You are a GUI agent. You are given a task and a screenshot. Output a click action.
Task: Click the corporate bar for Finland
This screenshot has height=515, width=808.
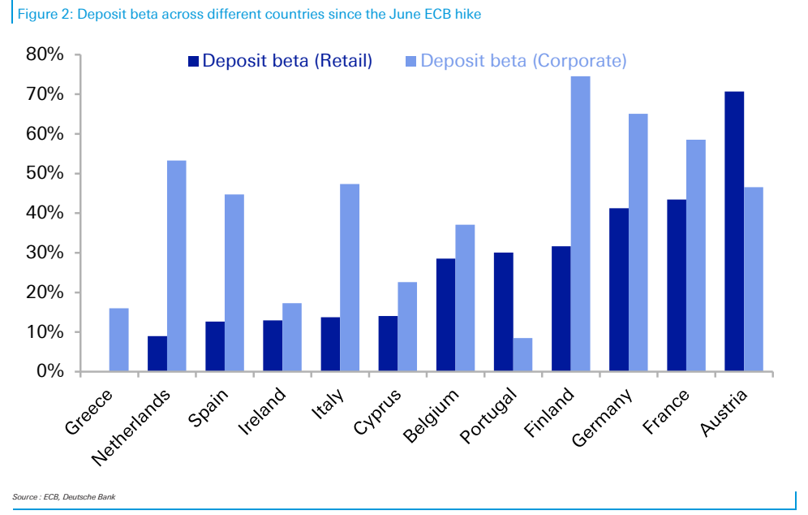(x=580, y=224)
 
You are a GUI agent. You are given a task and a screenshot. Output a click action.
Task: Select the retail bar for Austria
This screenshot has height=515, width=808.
(x=734, y=232)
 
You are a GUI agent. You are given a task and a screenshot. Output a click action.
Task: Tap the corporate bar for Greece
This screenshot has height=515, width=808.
(x=119, y=340)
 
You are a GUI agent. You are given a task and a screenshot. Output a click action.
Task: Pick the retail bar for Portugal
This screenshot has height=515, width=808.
(x=504, y=312)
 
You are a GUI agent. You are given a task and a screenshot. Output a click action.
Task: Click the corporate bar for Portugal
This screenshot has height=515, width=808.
(x=522, y=355)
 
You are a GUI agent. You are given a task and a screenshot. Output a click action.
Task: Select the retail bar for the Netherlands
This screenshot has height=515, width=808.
(x=157, y=354)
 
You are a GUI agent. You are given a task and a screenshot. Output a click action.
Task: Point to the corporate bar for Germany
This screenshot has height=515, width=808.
(x=638, y=243)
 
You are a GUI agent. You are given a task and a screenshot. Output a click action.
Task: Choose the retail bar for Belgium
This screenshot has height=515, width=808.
(x=445, y=315)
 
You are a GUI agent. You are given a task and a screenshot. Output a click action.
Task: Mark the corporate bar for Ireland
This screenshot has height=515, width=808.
(x=292, y=337)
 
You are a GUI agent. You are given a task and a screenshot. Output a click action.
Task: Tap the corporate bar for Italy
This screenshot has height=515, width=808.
(x=350, y=278)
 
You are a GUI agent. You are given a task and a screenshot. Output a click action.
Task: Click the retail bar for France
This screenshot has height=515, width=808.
(x=677, y=286)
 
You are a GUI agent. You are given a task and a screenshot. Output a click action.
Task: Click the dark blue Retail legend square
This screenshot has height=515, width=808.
(x=193, y=62)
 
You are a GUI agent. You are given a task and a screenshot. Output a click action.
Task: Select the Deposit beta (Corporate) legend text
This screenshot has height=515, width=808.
(x=523, y=61)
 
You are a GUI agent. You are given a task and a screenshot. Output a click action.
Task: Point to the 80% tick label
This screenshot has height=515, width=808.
(x=45, y=54)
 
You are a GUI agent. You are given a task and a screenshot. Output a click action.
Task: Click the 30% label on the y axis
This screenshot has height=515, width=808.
(x=45, y=253)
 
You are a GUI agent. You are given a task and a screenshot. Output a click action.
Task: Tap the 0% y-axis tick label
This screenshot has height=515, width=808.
(x=50, y=371)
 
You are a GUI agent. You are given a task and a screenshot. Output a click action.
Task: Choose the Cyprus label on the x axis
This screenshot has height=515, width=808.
(x=378, y=412)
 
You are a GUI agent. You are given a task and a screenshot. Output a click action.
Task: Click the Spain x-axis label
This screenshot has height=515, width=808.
(x=208, y=408)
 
